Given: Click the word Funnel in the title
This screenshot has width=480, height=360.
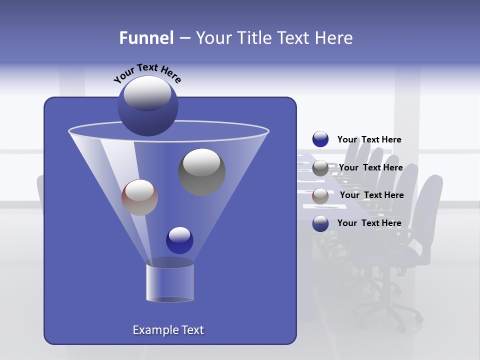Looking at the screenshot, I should (146, 38).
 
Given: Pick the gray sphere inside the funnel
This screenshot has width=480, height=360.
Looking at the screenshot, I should (201, 172).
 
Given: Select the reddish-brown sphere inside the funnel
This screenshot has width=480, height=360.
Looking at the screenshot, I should (139, 197).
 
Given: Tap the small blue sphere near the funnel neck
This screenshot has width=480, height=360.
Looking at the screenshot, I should (179, 240).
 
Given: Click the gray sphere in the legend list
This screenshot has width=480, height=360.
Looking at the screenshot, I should (320, 168).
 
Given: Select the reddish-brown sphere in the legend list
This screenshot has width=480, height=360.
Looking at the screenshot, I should (320, 196).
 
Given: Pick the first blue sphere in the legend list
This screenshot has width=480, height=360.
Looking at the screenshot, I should (320, 139).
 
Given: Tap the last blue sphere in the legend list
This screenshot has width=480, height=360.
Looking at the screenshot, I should (320, 223).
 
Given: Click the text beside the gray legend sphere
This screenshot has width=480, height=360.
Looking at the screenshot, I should (370, 167).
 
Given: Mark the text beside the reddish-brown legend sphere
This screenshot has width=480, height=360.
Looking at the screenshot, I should (371, 195).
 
